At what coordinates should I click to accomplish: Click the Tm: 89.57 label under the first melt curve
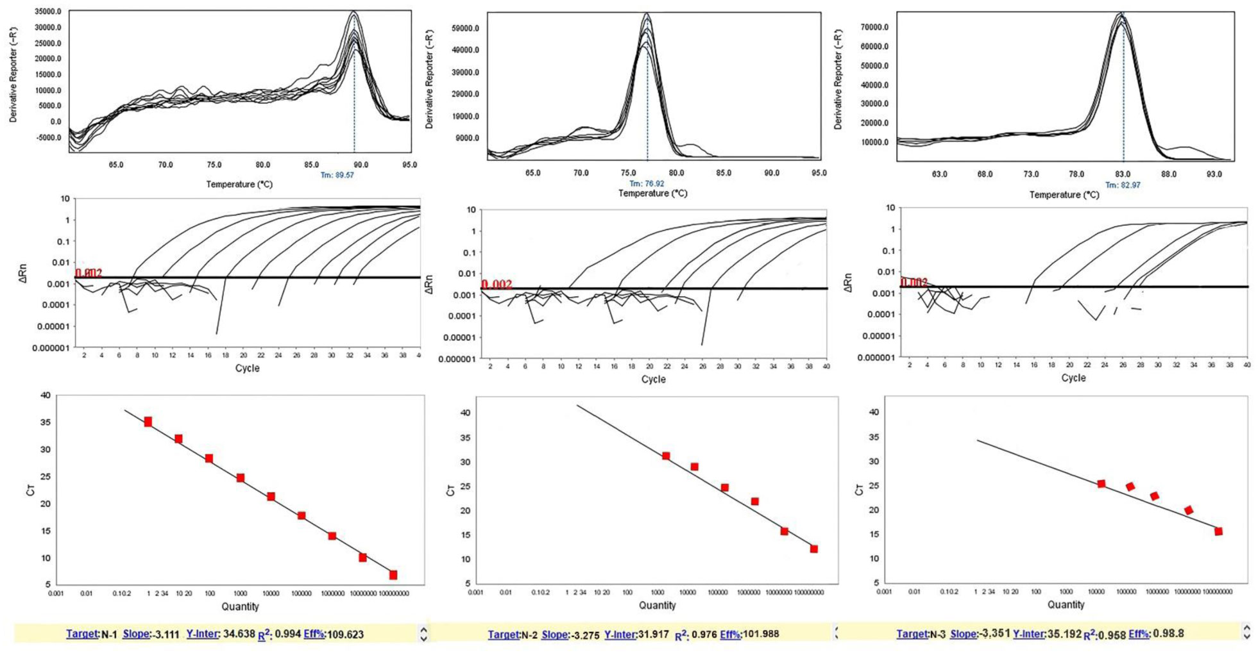pos(337,175)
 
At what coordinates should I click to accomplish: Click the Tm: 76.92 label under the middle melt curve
pos(647,183)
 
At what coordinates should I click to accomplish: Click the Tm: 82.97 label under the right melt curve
pos(1123,185)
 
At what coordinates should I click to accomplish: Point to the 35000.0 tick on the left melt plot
pos(49,12)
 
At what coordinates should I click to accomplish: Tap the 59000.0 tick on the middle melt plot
pos(466,28)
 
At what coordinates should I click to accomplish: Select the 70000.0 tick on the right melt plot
pos(875,27)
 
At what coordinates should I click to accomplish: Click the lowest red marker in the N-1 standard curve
pos(393,575)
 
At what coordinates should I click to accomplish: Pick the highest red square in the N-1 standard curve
pos(148,422)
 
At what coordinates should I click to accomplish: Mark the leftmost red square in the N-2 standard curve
pos(666,456)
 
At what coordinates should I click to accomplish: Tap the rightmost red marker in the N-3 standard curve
pos(1218,531)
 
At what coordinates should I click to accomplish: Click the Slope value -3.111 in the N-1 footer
pos(166,634)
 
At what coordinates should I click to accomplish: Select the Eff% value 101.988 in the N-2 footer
pos(761,634)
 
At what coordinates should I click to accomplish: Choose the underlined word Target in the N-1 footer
pos(82,634)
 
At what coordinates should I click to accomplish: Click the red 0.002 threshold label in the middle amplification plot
pos(497,285)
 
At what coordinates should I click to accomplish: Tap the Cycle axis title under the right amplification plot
pos(1073,378)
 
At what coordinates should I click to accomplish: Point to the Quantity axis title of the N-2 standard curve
pos(658,605)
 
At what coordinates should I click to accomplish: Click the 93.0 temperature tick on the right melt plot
pos(1214,174)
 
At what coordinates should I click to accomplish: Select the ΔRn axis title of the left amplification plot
pos(24,274)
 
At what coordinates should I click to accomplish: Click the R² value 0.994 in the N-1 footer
pos(287,634)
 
